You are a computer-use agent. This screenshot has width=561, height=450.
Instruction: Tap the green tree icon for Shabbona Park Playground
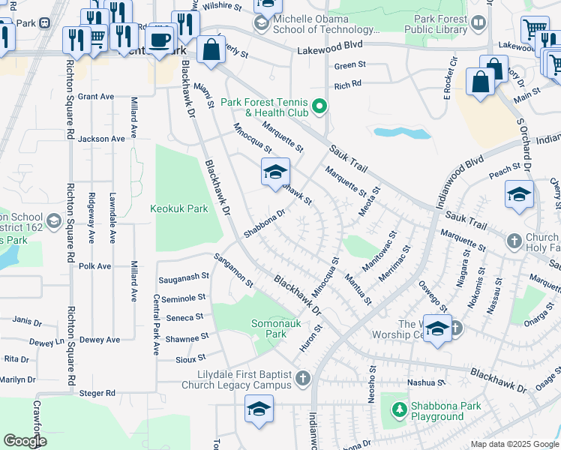tap(399, 410)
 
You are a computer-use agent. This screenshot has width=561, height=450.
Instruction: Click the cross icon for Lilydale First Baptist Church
tap(302, 379)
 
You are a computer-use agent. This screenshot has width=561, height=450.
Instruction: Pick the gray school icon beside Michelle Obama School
tap(261, 23)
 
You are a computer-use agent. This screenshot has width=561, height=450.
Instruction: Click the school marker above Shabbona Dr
tap(275, 172)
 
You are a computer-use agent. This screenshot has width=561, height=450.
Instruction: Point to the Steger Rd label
tap(100, 392)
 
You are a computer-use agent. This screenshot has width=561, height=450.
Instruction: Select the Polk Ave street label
tap(94, 266)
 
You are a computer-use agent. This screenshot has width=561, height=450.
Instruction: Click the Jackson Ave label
tap(101, 139)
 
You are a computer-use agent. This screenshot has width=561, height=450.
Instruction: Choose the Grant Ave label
tap(95, 97)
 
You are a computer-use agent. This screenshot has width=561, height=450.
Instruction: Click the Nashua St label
tap(421, 382)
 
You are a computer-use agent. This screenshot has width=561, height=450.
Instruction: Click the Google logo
tap(25, 441)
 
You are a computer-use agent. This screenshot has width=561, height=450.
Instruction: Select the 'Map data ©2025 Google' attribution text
tap(514, 444)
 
